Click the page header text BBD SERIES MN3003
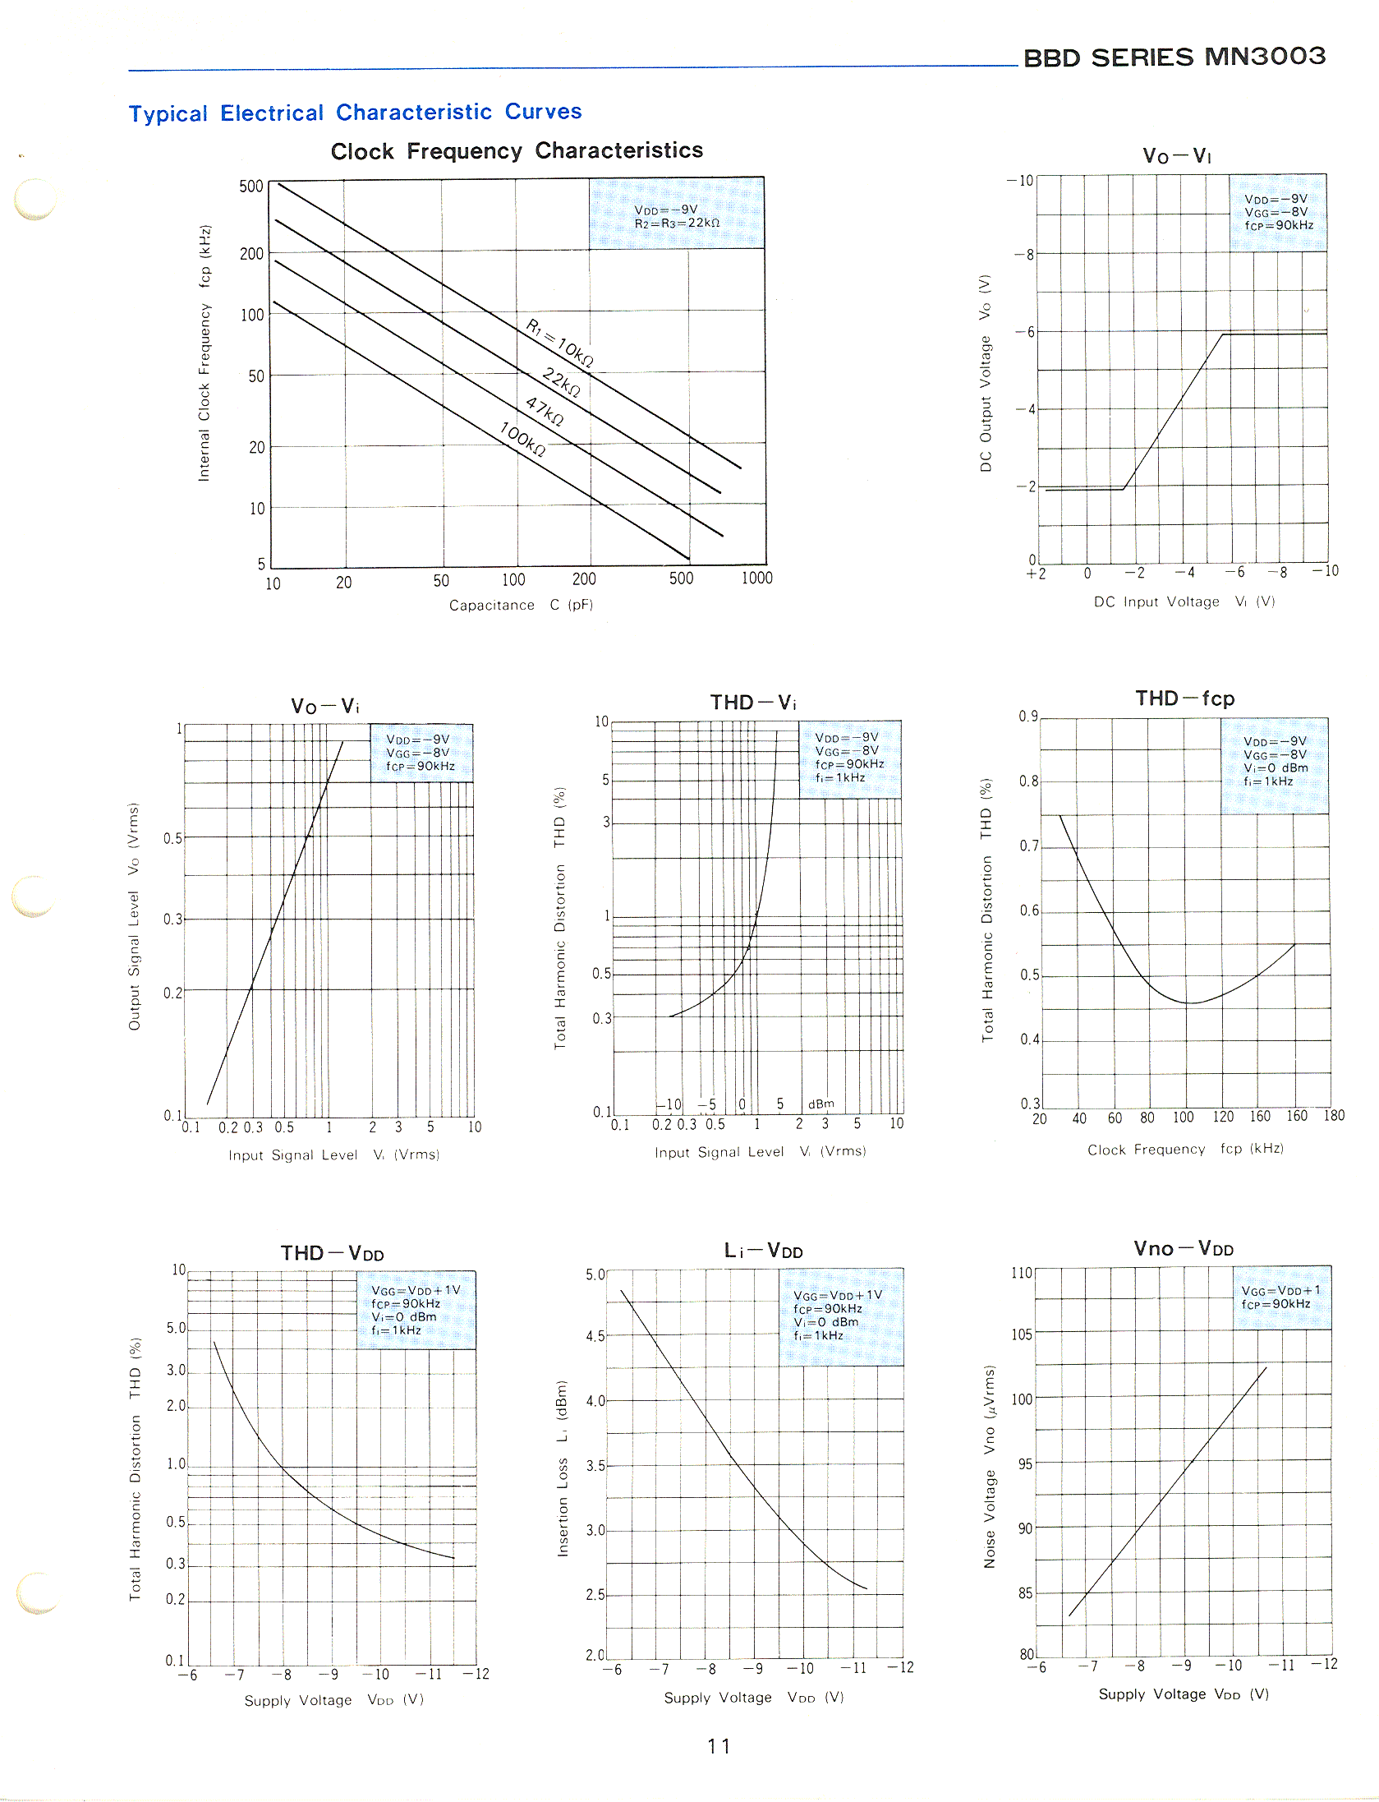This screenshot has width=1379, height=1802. click(x=1174, y=57)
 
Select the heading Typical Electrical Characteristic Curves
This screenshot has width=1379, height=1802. click(x=355, y=113)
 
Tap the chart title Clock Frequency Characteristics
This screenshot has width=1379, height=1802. click(x=517, y=151)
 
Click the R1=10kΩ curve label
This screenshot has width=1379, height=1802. click(x=559, y=343)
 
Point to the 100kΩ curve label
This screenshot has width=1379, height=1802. click(x=522, y=438)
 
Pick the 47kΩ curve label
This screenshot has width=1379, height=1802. click(x=545, y=410)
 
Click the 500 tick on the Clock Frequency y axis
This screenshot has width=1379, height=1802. click(x=251, y=187)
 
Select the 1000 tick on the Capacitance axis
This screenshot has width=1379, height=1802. click(x=756, y=578)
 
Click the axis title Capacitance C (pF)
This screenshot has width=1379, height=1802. click(x=521, y=606)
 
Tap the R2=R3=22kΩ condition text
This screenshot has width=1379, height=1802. click(x=677, y=224)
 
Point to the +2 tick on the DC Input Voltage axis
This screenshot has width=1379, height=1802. click(x=1036, y=574)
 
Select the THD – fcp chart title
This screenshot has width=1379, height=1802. click(x=1184, y=699)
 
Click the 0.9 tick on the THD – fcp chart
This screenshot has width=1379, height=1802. click(x=1028, y=717)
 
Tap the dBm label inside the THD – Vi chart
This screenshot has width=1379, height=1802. click(x=821, y=1104)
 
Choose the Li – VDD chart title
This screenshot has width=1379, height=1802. click(x=763, y=1251)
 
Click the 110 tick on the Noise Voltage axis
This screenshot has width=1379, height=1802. click(x=1022, y=1273)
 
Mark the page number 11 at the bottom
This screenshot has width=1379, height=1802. click(x=719, y=1746)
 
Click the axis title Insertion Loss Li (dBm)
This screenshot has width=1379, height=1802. click(x=563, y=1468)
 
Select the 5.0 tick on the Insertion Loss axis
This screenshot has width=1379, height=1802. click(x=595, y=1274)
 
